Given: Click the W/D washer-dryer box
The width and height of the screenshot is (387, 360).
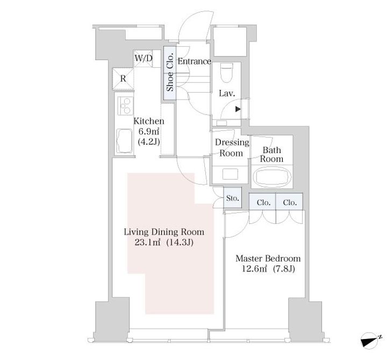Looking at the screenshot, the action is coord(144,59).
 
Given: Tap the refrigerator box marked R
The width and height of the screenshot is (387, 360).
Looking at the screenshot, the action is coord(123,79).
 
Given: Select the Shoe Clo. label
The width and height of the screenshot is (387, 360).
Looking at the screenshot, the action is coord(170,73).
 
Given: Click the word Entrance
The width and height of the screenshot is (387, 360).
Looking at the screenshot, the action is coord(194,61).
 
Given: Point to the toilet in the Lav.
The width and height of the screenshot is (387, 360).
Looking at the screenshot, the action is coord(227,72).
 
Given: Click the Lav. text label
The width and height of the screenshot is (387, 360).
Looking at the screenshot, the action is coord(227,94).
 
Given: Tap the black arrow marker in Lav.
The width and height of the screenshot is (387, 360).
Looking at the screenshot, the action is coord(238,109).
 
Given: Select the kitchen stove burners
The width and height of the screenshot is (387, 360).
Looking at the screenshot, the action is coord(125,106).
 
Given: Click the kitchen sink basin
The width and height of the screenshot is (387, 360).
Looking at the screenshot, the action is coord(124,141).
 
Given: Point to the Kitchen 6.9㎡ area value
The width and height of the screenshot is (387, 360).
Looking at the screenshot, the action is coord(148,131).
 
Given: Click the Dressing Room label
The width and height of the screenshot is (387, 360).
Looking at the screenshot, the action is coord(232,147).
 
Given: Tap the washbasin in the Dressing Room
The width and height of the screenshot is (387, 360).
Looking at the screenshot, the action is coord(230,174).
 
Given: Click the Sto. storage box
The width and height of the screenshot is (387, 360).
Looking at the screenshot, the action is coord(233,197).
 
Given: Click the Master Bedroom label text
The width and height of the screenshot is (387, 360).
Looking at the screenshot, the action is coord(268,259).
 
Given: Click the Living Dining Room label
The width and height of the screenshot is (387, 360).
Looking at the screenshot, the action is coord(164,232).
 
